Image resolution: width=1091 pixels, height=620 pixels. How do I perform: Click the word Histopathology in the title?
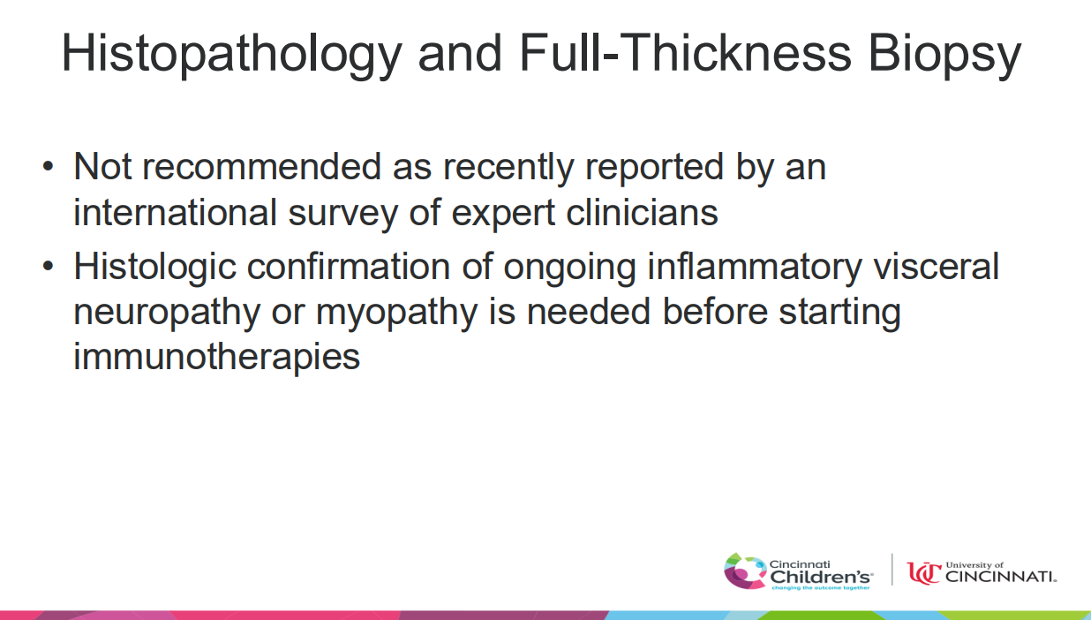(x=232, y=55)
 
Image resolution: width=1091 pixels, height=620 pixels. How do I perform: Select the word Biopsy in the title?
(x=944, y=55)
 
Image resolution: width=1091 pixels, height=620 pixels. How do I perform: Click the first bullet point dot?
(x=48, y=166)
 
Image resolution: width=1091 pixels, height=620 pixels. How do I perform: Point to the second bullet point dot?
(x=48, y=266)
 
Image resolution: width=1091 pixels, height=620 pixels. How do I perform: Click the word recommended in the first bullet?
(x=261, y=167)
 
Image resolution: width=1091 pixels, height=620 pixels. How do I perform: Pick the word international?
(x=176, y=213)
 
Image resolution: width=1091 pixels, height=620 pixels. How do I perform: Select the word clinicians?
(x=642, y=213)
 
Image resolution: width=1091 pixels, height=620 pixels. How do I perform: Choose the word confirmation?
(x=349, y=266)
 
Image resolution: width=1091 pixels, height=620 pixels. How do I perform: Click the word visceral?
(x=937, y=266)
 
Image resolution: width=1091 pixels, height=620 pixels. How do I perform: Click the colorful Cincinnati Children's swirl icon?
(x=744, y=571)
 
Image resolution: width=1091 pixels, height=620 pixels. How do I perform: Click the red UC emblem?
(x=924, y=572)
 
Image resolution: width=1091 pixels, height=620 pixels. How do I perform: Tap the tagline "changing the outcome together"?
(x=821, y=588)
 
